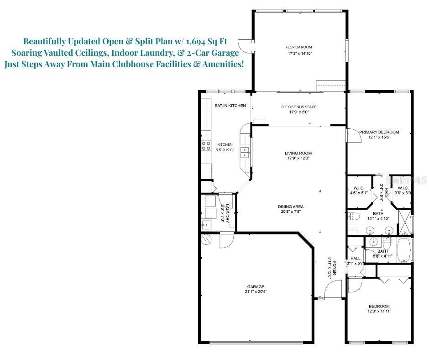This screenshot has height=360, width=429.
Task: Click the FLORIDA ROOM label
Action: [299, 47]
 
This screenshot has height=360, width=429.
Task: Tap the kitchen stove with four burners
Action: [206, 145]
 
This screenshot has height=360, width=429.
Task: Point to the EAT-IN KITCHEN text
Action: [230, 106]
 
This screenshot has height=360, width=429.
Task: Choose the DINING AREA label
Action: [291, 206]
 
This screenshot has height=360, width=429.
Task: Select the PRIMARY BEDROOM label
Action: [379, 132]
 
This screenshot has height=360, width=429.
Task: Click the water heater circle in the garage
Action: [206, 239]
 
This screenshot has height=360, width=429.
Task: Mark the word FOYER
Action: [335, 266]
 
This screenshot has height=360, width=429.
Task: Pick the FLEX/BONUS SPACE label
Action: [298, 107]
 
